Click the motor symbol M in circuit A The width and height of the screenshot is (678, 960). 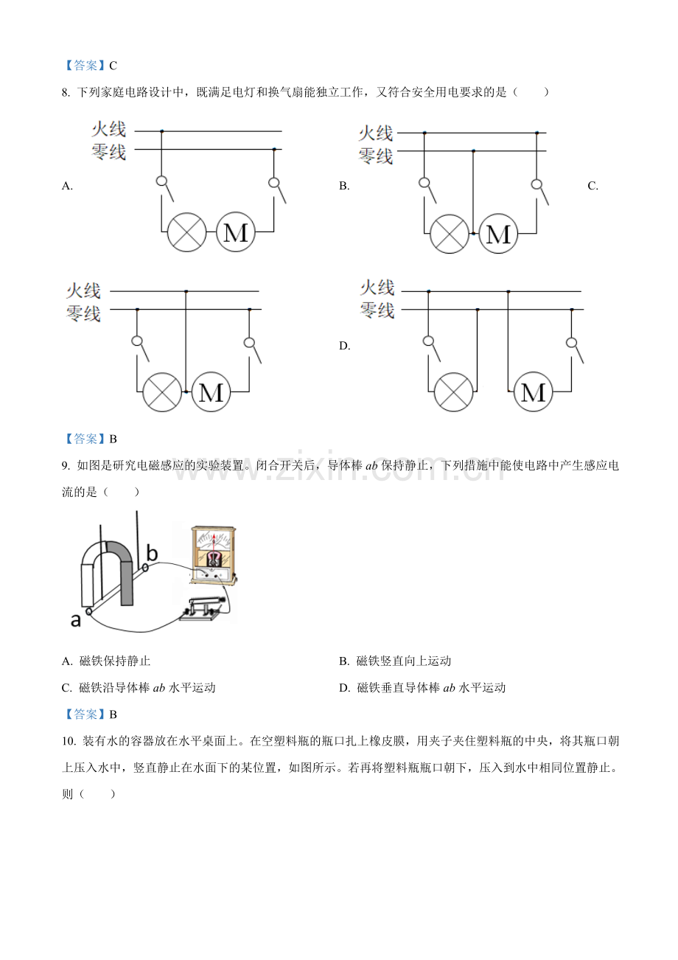point(236,232)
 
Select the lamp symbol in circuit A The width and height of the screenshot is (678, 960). point(186,232)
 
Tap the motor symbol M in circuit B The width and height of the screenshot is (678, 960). point(498,234)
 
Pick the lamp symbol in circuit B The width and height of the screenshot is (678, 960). point(450,234)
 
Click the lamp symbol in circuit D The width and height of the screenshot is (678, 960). point(453,392)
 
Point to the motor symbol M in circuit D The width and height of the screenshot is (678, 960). point(533,392)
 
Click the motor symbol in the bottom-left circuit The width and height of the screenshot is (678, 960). point(211,392)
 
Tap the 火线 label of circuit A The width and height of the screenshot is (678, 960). point(109,129)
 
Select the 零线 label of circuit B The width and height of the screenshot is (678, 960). point(376,156)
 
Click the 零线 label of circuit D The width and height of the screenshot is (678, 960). point(377,310)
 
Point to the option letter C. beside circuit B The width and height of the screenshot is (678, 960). point(593,186)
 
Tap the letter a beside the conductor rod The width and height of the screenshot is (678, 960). point(75,620)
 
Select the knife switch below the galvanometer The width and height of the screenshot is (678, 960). point(202,608)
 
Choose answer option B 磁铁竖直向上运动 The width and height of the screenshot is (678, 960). point(395,661)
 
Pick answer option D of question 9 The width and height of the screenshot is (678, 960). point(422,688)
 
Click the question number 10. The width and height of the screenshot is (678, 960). point(69,741)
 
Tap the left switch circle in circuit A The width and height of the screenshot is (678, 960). point(161,181)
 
